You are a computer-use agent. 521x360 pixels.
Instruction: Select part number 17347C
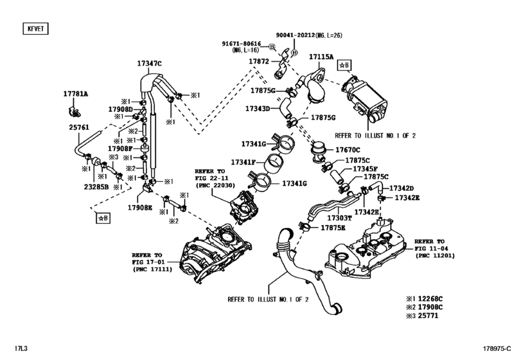point(149,64)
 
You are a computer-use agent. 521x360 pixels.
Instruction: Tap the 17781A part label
point(75,94)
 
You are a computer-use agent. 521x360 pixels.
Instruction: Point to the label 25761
point(80,127)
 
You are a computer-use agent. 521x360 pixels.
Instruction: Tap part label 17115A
point(321,57)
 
